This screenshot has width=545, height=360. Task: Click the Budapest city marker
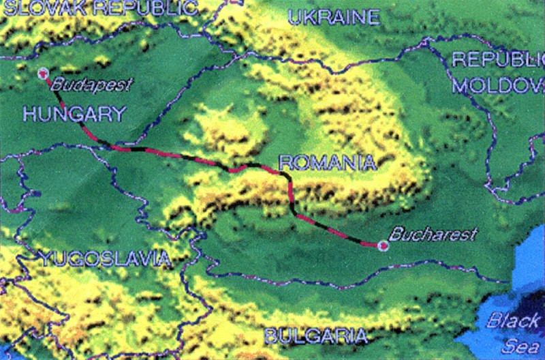tap(44, 73)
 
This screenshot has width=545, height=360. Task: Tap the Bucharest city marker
tap(383, 245)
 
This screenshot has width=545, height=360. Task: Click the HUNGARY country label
tap(74, 114)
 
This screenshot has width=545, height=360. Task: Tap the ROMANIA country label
tap(328, 162)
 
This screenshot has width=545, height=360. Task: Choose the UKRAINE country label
tap(333, 17)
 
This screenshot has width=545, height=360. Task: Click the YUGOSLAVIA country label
tap(104, 258)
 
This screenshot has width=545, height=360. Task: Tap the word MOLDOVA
tap(498, 86)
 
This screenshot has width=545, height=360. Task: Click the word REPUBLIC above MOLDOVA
tap(498, 60)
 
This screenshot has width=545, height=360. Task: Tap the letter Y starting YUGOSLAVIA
tap(44, 258)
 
